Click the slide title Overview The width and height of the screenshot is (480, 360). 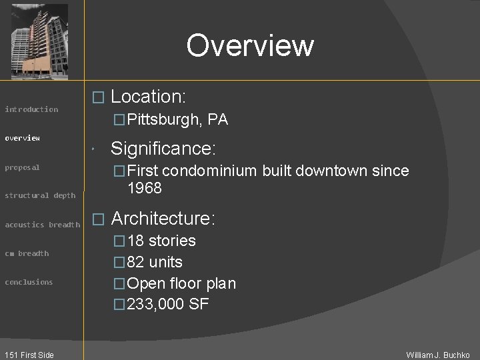click(250, 45)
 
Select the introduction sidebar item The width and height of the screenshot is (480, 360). click(31, 109)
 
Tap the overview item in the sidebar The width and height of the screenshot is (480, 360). click(23, 138)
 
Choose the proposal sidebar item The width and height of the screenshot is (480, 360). click(23, 167)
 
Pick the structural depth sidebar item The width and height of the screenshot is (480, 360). click(40, 196)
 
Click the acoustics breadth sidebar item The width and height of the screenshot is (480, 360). click(42, 225)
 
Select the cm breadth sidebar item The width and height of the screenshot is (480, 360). click(27, 253)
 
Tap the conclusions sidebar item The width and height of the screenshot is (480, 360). click(29, 282)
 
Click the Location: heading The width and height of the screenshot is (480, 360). click(148, 97)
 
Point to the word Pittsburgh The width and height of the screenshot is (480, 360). click(164, 120)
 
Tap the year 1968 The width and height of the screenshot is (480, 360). click(144, 188)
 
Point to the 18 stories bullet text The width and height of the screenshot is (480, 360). click(161, 241)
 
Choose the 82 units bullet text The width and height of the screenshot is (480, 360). click(155, 262)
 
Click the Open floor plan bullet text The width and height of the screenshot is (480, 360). click(181, 283)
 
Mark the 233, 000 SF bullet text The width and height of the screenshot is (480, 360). click(168, 305)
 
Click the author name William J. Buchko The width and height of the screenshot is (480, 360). click(438, 355)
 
